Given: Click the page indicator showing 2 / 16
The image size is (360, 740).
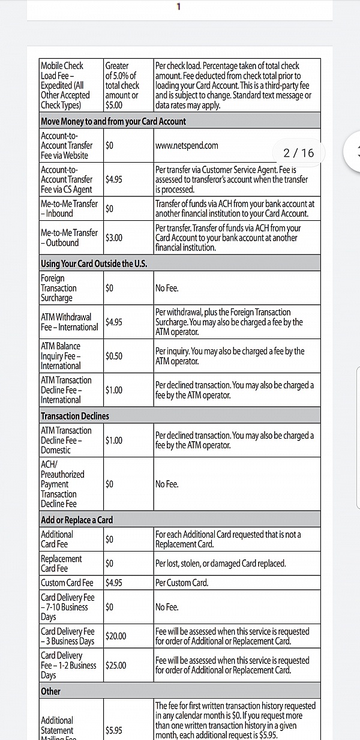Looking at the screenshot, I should point(298,153).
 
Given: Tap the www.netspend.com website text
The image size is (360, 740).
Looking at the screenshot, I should point(187,145).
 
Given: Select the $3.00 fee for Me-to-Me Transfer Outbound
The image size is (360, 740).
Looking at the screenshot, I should point(114,238).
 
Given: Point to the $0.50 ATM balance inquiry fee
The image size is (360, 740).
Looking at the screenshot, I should point(114,356).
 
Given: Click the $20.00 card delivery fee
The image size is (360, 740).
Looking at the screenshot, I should point(116,636).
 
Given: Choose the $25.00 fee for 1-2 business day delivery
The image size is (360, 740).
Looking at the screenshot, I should point(116,665).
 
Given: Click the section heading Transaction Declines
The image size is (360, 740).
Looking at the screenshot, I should point(75,415).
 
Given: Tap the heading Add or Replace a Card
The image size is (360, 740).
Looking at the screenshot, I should point(77,520).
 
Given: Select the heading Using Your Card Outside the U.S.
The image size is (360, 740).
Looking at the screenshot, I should point(94,263).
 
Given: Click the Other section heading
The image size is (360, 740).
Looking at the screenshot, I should point(50,691).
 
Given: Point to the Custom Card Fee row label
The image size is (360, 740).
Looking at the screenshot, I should point(67,583).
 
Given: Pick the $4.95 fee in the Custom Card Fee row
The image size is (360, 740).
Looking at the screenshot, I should point(114,583).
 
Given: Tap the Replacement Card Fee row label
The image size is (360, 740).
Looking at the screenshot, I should point(61,564).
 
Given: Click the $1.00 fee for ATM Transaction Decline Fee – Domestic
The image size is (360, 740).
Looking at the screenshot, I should point(114,441).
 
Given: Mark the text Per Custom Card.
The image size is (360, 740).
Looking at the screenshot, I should point(181,583).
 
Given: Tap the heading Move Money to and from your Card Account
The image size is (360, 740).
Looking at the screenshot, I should point(113,121).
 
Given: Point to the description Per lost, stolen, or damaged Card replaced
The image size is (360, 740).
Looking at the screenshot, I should point(220,564).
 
